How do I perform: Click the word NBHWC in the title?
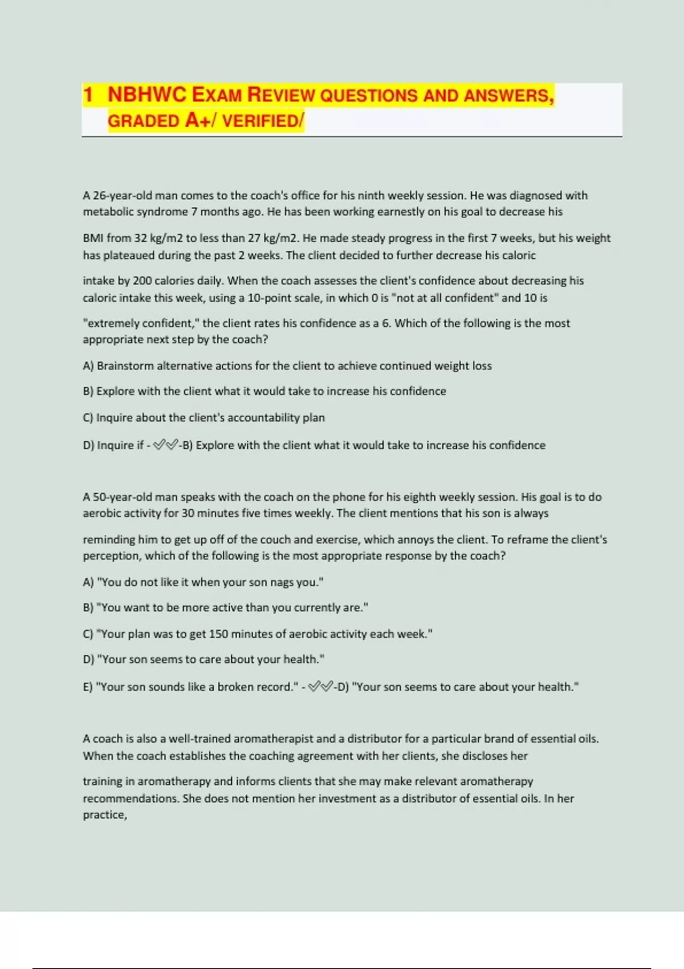click(147, 95)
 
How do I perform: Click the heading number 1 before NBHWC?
click(88, 95)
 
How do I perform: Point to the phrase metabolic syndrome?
click(136, 212)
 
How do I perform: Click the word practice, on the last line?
click(105, 815)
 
